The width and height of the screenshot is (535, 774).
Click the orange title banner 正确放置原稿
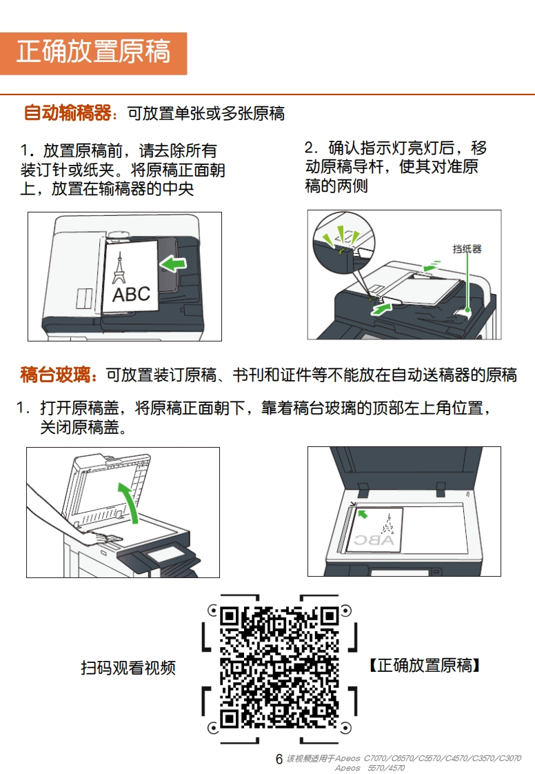[93, 53]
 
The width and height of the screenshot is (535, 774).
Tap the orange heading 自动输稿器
[68, 113]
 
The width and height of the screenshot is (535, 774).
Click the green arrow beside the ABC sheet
[173, 264]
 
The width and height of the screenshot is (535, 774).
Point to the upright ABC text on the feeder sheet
[131, 294]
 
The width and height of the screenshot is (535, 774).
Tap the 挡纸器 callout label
[467, 249]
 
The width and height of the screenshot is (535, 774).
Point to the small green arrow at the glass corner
[362, 514]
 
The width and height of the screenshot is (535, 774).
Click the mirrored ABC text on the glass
[375, 540]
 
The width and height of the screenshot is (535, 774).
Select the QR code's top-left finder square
[230, 616]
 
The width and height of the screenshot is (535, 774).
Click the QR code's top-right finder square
[329, 616]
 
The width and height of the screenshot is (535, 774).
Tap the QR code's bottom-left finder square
[230, 717]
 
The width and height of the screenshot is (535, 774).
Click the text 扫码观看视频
[128, 668]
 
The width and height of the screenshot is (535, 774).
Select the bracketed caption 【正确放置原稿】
[425, 666]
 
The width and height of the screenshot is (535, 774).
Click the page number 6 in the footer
[279, 759]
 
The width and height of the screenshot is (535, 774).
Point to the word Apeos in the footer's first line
[348, 758]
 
